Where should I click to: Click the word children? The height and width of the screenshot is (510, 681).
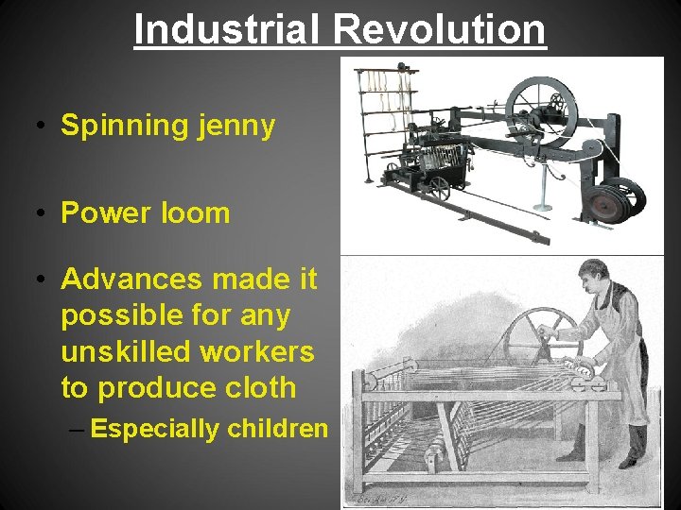coord(277,429)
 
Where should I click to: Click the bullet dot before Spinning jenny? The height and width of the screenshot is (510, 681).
coord(44,126)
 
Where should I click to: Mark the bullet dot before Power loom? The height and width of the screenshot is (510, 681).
coord(44,212)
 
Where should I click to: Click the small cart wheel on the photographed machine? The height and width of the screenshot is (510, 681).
coord(438,188)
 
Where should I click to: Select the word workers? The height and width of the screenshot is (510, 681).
coord(257,351)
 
